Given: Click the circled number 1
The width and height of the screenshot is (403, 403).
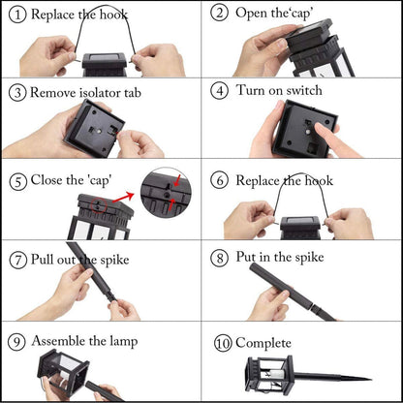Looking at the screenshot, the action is [x=17, y=15].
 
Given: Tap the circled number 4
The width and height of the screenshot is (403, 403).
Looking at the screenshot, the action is [x=219, y=91].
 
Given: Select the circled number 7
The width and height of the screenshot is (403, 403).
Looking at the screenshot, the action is [x=17, y=261].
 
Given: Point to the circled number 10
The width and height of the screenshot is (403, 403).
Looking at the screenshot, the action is [x=223, y=343].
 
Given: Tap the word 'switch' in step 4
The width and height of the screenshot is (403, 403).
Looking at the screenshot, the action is [x=304, y=90].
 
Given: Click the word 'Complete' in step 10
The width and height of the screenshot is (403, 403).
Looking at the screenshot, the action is [x=263, y=343].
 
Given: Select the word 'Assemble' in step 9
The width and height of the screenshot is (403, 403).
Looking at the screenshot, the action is [x=58, y=341].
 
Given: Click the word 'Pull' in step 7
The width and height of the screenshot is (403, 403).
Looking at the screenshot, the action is [x=42, y=260].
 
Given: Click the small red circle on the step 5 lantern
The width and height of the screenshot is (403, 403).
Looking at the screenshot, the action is [x=99, y=205].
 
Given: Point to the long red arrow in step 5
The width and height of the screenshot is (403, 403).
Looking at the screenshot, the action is [x=123, y=197].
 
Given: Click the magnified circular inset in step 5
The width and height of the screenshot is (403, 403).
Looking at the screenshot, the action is [x=166, y=193].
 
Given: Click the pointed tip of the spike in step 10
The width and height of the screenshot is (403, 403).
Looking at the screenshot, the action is [x=371, y=380].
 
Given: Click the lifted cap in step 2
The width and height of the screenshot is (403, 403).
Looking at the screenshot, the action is [x=308, y=35].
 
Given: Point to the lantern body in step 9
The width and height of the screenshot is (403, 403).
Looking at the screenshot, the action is [x=64, y=371].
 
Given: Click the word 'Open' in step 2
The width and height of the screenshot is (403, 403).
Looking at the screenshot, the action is [x=252, y=14].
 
